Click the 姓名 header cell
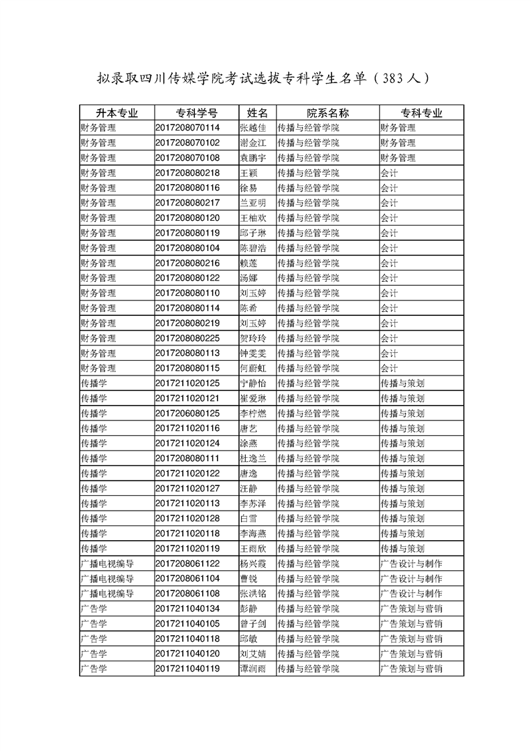click(x=256, y=112)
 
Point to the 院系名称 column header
click(x=327, y=112)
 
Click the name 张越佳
click(x=253, y=128)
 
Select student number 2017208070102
click(x=187, y=143)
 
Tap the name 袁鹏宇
click(x=253, y=158)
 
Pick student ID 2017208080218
click(x=187, y=173)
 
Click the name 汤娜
click(x=248, y=278)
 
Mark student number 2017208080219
click(x=187, y=323)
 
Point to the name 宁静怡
click(x=253, y=384)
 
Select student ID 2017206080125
click(x=187, y=414)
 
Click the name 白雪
click(x=248, y=519)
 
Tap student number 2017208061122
click(x=187, y=564)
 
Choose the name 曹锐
click(x=248, y=579)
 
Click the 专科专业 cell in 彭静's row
click(x=412, y=608)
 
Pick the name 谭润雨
click(x=253, y=669)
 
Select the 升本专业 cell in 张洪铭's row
click(x=107, y=594)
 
